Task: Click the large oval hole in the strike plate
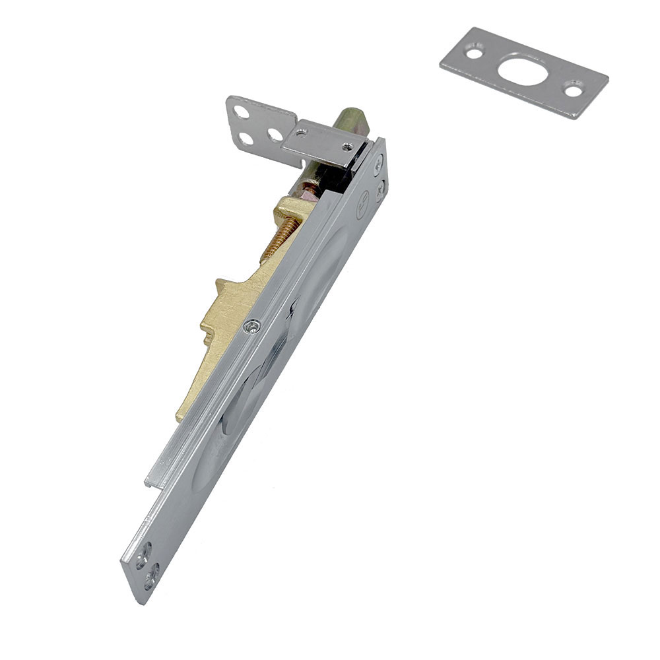(523, 71)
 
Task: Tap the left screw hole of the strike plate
(473, 49)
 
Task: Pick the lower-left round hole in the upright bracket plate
(246, 139)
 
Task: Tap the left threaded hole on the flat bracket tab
(301, 133)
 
